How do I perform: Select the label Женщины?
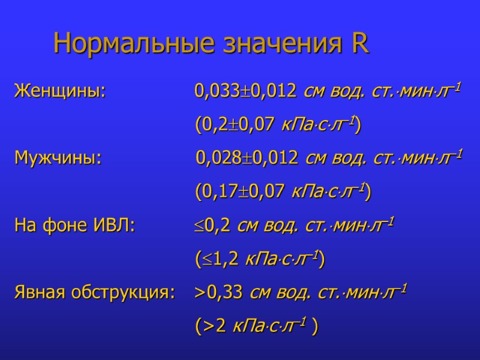tap(60, 92)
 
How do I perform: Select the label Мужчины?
tap(58, 158)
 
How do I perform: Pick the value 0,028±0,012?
tap(247, 158)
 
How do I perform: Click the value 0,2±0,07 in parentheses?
tap(239, 125)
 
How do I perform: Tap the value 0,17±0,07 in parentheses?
tap(243, 192)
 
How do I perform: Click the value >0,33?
tap(218, 293)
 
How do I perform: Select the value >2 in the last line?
tap(213, 326)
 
